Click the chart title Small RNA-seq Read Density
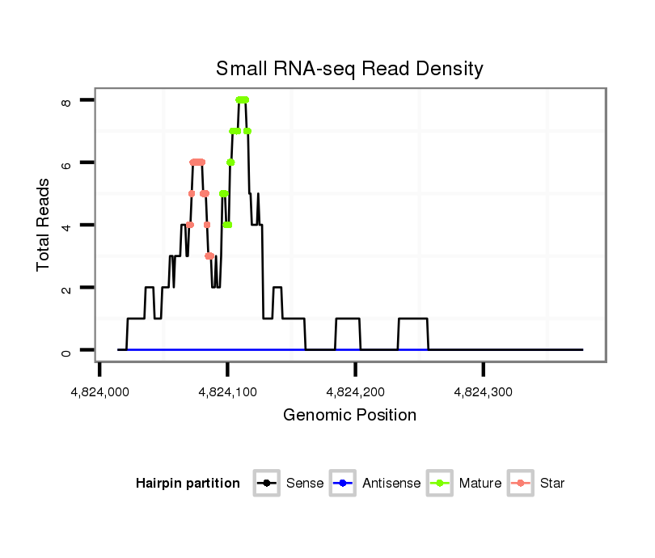[349, 69]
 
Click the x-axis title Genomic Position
[349, 416]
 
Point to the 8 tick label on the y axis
[66, 100]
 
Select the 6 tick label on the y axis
[66, 163]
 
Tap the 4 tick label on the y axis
[66, 225]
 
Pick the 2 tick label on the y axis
[66, 288]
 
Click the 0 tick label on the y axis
[66, 350]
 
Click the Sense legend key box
[267, 484]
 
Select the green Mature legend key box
[440, 484]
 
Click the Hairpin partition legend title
[188, 484]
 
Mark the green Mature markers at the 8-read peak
[242, 100]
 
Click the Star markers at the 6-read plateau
[197, 163]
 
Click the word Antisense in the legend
[391, 484]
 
